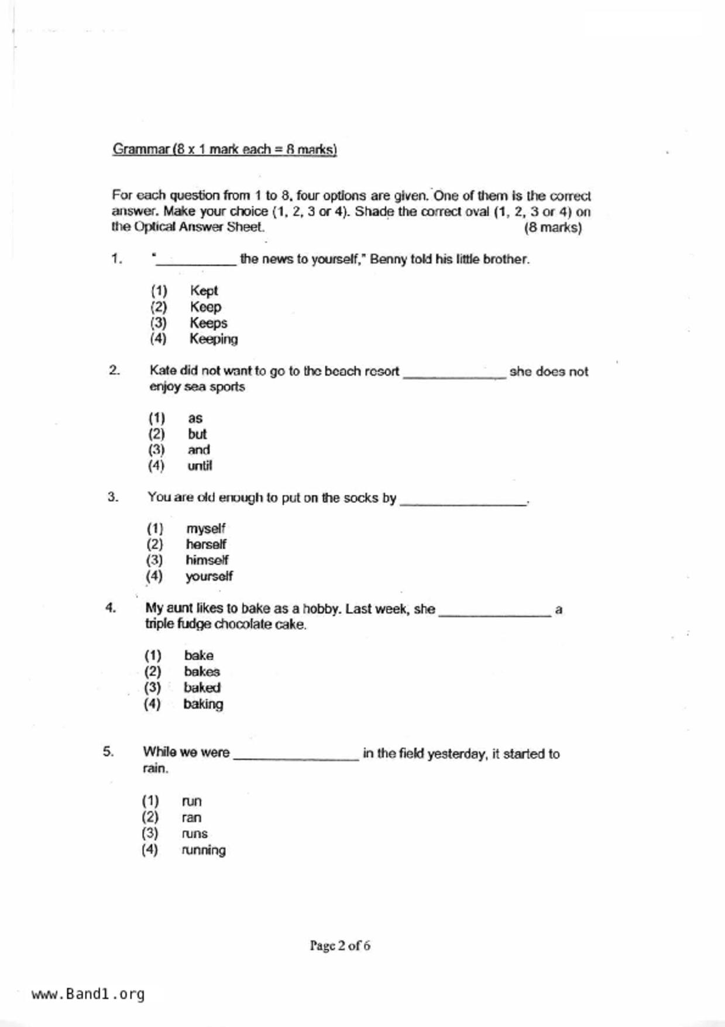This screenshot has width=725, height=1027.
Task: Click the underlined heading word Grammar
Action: click(140, 149)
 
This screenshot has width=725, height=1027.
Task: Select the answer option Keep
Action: click(205, 307)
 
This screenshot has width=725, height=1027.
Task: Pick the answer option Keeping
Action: click(214, 339)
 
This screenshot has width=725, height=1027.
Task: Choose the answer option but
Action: click(197, 434)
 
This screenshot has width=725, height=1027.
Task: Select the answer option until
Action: click(200, 466)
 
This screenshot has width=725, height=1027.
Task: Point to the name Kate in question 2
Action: click(163, 371)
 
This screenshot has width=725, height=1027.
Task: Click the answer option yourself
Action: click(209, 577)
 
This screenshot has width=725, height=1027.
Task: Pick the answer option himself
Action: click(207, 560)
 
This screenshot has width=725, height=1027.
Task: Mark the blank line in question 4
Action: click(495, 613)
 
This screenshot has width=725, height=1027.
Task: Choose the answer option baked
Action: click(202, 688)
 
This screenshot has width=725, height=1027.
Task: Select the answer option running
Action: click(204, 850)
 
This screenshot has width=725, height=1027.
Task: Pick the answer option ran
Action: click(191, 818)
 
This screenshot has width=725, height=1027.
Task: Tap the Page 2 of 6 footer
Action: click(340, 946)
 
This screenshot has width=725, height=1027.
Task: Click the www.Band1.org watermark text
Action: click(88, 994)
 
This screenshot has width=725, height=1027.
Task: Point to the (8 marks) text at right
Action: click(552, 228)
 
